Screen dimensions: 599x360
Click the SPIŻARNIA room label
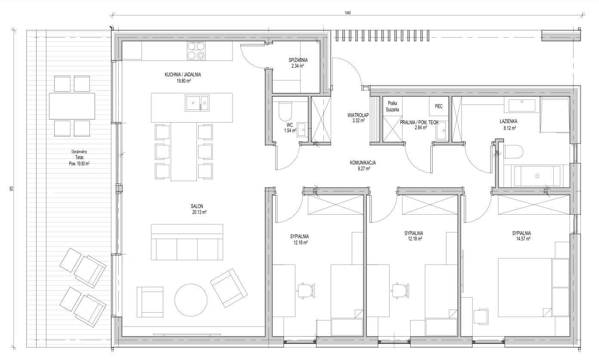[x=298, y=60]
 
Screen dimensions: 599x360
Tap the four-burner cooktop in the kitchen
[x=196, y=51]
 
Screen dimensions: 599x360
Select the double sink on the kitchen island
[x=197, y=103]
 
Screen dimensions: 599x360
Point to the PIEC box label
[x=439, y=106]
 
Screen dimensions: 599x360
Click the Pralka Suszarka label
[x=392, y=106]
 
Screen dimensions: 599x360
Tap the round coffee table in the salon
[x=191, y=300]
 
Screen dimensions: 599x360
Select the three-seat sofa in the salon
[x=187, y=242]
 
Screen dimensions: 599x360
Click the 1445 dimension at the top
[x=347, y=13]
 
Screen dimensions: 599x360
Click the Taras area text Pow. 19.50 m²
[x=79, y=164]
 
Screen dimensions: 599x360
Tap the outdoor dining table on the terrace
[x=72, y=106]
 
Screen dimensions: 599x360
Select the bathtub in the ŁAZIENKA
[x=537, y=176]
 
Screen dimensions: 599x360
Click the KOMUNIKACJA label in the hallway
[x=362, y=163]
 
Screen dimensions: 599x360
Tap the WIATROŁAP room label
[x=358, y=115]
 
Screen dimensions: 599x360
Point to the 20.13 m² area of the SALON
[x=199, y=212]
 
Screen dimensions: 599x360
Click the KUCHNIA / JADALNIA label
[x=183, y=74]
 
